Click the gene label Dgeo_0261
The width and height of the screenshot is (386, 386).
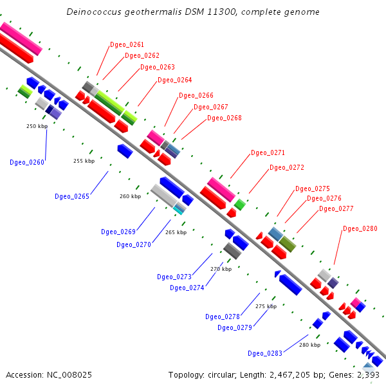[127, 44]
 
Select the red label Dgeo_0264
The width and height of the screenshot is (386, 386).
[174, 80]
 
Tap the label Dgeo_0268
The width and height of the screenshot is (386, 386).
[224, 118]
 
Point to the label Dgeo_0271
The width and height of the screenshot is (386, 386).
[268, 152]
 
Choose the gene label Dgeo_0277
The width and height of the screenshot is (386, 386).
[336, 208]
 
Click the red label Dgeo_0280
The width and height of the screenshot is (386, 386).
[360, 228]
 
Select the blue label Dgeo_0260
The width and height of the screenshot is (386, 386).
[27, 162]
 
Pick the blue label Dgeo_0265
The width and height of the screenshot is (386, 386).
[72, 196]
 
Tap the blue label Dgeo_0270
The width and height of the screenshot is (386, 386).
[134, 244]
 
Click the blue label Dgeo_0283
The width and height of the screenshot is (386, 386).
[265, 353]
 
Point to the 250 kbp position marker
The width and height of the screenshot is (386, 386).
[37, 126]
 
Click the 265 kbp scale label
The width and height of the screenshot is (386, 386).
[176, 232]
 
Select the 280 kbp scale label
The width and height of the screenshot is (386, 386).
[309, 345]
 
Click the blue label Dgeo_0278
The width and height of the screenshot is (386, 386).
[223, 316]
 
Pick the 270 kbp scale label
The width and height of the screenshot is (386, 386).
[221, 269]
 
